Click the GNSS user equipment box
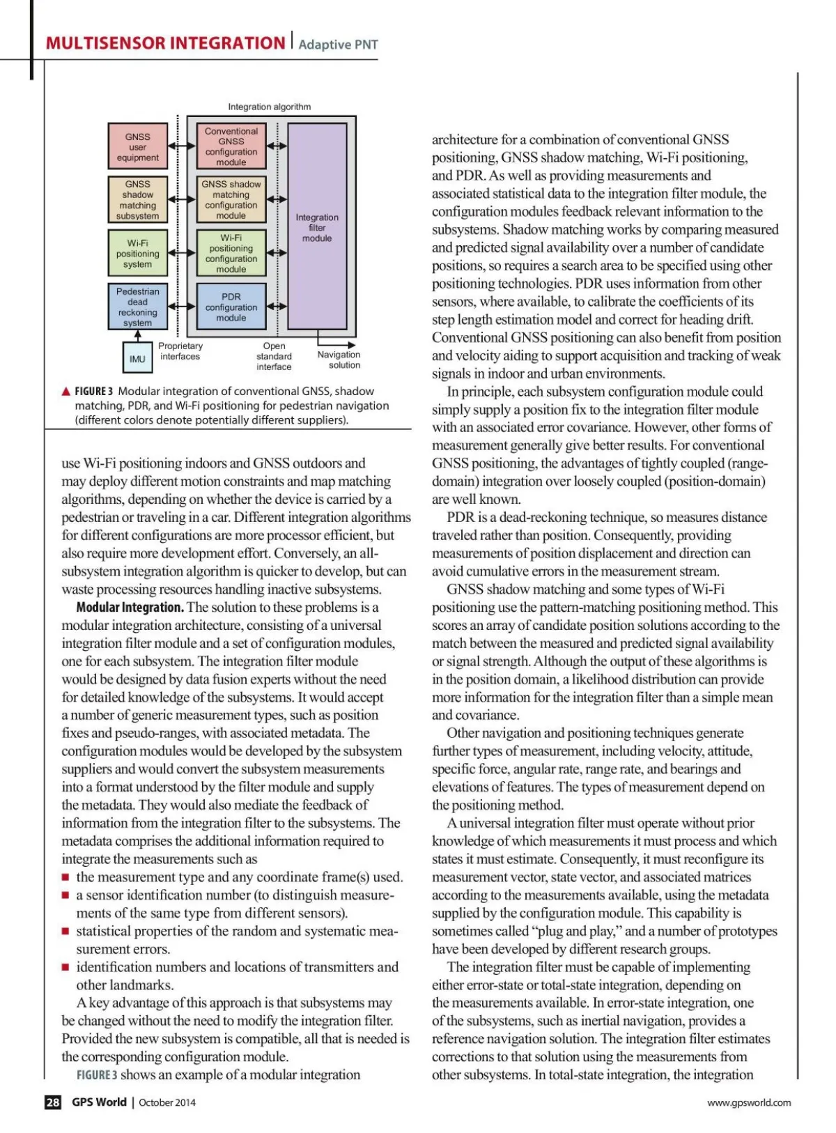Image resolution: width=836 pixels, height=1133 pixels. [x=138, y=147]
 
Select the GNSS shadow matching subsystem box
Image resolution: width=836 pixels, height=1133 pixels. [x=138, y=200]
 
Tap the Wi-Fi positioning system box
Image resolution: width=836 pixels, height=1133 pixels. [x=138, y=254]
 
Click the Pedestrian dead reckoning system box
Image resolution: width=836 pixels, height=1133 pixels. [x=138, y=307]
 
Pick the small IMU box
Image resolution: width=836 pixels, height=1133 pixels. [x=137, y=359]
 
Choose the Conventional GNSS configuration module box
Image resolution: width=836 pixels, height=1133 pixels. [x=231, y=146]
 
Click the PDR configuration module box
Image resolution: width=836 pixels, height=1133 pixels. [x=231, y=307]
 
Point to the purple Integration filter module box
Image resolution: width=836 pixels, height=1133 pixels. [x=317, y=227]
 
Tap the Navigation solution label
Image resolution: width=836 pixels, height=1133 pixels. [x=339, y=360]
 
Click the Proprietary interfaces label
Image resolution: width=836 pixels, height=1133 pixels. [x=180, y=351]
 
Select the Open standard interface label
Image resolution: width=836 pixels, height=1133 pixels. [x=274, y=356]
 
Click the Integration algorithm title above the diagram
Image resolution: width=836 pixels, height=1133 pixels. [x=270, y=107]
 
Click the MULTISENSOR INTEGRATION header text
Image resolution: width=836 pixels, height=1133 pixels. [x=165, y=43]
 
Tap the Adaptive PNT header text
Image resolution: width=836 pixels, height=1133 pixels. [x=338, y=45]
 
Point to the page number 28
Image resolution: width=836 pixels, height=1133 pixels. [x=53, y=1102]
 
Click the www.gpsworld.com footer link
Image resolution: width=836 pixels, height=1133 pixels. [x=749, y=1102]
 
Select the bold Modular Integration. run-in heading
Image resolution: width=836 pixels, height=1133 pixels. [x=130, y=608]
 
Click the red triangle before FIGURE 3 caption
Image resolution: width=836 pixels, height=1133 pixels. [x=66, y=392]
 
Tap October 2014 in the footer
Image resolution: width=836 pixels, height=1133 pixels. [x=167, y=1102]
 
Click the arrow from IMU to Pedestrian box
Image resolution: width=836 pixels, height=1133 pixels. [x=138, y=336]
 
